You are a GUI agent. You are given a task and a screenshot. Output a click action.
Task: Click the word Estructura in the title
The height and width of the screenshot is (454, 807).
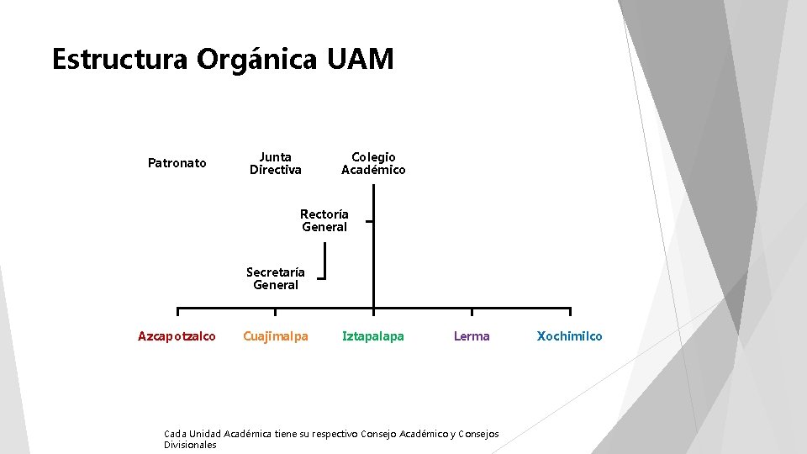point(120,60)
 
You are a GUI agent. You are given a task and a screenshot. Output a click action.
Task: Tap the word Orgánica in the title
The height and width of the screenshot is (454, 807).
point(257,60)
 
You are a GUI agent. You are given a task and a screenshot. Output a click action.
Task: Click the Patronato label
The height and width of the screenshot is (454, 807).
point(177,163)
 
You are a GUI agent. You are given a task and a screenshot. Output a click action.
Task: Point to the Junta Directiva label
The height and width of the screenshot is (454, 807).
point(276,163)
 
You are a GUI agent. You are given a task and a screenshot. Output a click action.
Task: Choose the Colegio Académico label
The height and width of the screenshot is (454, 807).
point(373,163)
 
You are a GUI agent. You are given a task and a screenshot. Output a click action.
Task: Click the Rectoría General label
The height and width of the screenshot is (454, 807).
point(324,220)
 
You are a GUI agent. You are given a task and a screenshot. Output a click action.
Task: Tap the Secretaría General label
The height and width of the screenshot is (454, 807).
point(276,278)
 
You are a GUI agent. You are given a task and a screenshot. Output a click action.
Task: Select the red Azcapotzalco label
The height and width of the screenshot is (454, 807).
point(177,336)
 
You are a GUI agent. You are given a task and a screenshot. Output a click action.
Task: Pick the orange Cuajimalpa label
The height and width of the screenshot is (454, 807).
point(276,336)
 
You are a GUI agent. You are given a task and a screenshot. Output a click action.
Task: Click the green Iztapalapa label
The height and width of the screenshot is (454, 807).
point(373,336)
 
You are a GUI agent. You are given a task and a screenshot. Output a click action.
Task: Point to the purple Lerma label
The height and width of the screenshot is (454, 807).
point(472,336)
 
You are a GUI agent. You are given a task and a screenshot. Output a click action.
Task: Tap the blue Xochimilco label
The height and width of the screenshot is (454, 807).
point(570,336)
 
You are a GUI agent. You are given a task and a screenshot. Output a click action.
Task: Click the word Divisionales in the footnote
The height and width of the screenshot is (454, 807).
point(190,445)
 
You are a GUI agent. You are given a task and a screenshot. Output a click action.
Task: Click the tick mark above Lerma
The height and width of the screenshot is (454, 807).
point(472,313)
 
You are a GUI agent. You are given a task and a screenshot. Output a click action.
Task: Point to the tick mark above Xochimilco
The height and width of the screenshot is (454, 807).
point(570,313)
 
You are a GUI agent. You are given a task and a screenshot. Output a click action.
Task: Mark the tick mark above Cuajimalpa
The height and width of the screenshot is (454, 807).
point(276,313)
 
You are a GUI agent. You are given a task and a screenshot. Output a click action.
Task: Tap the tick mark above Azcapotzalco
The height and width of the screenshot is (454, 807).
point(177,313)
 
